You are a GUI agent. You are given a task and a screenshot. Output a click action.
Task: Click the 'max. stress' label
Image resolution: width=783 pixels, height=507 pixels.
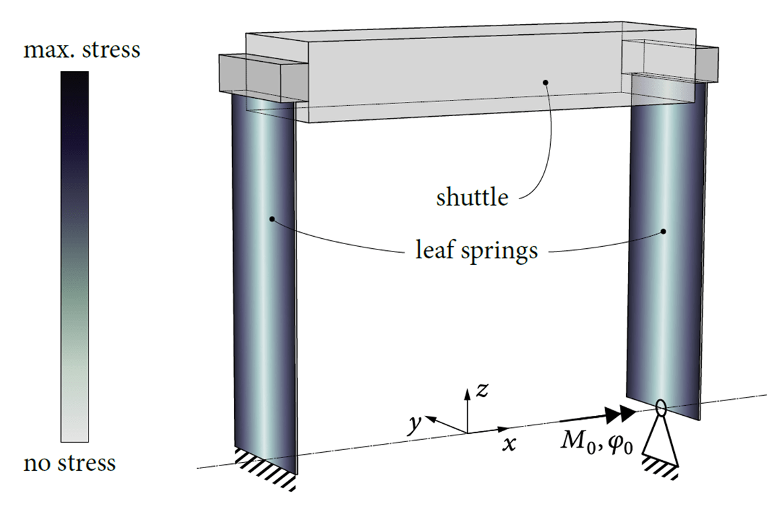click(81, 50)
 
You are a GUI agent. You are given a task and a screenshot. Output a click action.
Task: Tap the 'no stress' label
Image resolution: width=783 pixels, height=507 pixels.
click(69, 463)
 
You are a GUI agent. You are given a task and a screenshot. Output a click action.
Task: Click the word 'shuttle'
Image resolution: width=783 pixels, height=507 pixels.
click(472, 198)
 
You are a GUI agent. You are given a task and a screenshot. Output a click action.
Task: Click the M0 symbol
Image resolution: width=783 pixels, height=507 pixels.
click(576, 443)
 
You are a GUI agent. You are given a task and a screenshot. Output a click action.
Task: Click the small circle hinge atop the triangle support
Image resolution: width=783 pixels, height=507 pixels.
click(660, 406)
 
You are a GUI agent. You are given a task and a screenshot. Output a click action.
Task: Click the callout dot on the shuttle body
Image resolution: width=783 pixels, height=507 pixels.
click(546, 82)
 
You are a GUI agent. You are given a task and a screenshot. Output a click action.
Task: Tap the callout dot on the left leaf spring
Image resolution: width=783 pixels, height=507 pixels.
click(272, 219)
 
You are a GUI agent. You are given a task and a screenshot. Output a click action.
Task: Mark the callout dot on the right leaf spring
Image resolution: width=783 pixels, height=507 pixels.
click(664, 231)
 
